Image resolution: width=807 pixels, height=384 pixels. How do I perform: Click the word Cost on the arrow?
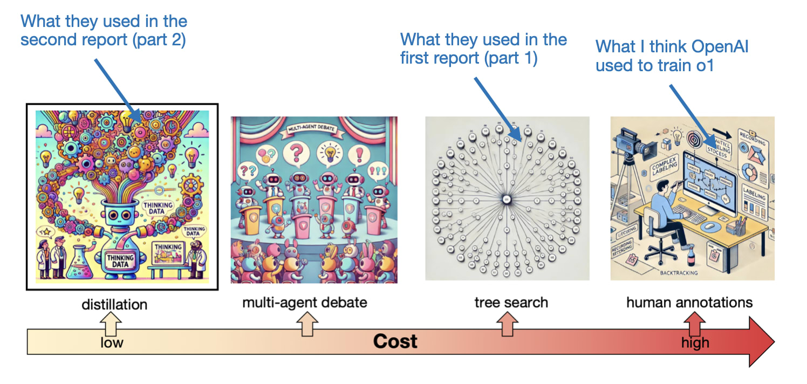tap(395, 341)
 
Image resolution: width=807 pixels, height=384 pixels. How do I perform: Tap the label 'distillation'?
tap(114, 305)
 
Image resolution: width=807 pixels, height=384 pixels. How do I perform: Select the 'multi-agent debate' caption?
tap(304, 302)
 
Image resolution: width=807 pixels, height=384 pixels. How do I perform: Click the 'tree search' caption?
tap(511, 302)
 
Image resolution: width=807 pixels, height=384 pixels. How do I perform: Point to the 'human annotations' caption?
tap(689, 302)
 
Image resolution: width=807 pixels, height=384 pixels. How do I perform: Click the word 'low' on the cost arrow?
tap(112, 342)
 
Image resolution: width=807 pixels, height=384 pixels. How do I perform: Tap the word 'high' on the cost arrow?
tap(695, 342)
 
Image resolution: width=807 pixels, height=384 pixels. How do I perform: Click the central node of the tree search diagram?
tap(507, 200)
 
